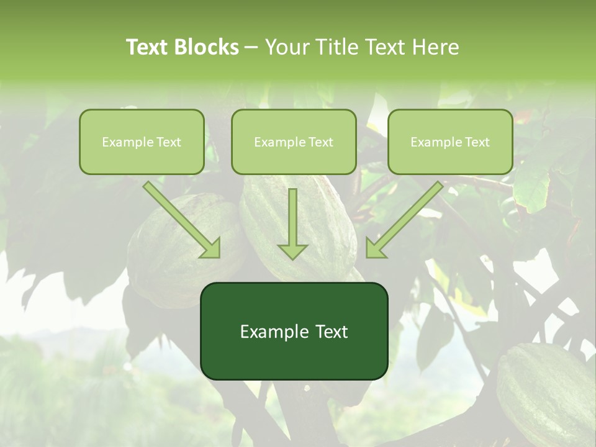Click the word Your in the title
point(285,47)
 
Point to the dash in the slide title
point(251,48)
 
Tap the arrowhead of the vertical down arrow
point(292,250)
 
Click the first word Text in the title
point(149,47)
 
